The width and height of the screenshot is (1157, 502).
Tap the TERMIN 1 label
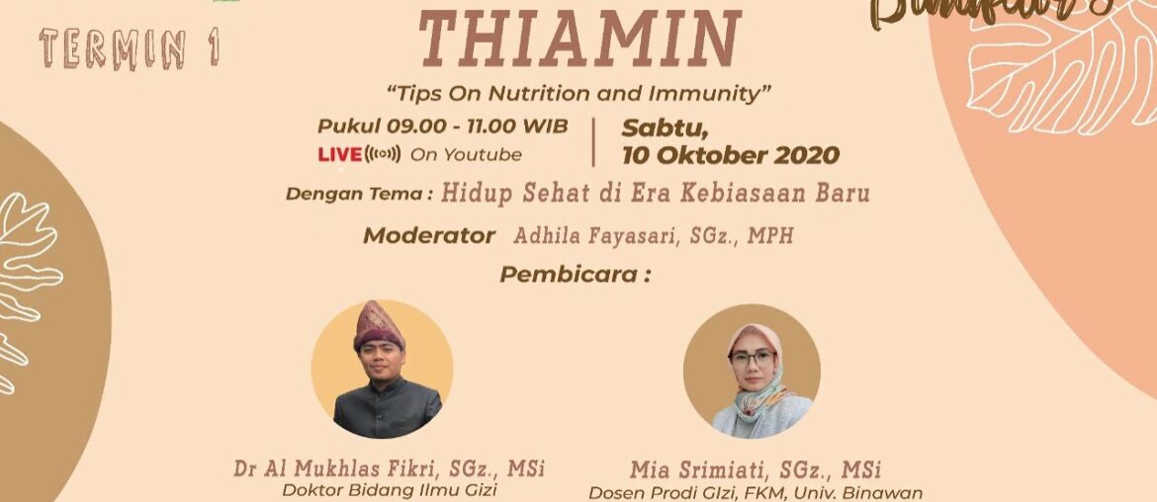click(130, 48)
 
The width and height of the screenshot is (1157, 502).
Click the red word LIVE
click(339, 155)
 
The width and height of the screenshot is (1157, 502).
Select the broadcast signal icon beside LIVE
click(384, 155)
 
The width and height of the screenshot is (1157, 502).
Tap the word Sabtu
click(659, 127)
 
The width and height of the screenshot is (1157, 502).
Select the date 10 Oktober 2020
click(730, 155)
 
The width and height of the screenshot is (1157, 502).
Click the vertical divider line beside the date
click(593, 142)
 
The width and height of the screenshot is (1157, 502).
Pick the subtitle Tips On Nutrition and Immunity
click(578, 93)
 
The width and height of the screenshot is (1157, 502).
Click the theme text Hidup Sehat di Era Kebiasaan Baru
click(656, 193)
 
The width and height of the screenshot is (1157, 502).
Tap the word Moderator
click(428, 235)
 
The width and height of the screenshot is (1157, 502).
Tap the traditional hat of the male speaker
click(380, 324)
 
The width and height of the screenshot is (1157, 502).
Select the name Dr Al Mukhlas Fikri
click(346, 467)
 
